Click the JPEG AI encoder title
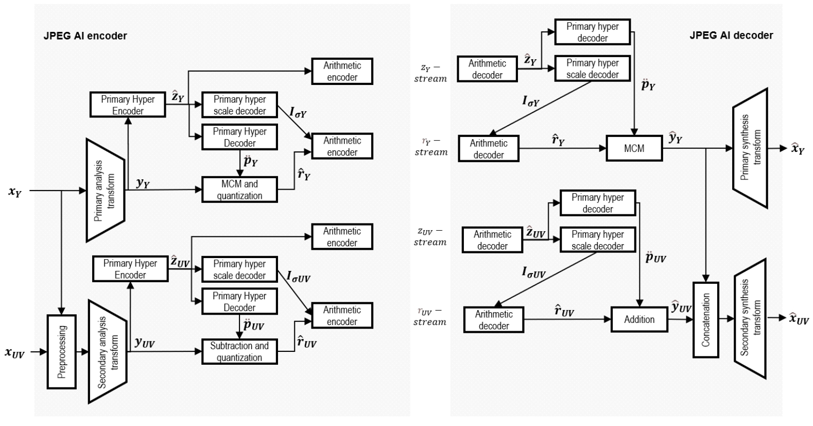(85, 36)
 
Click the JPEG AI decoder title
(731, 35)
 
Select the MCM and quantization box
(239, 190)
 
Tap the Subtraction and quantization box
(239, 352)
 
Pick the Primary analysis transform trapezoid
(106, 190)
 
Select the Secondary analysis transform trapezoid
(108, 352)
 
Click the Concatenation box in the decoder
(706, 319)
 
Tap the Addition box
(639, 319)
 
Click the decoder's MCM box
(634, 148)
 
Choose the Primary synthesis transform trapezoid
(750, 148)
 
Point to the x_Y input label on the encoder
(15, 192)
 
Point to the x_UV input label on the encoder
(14, 353)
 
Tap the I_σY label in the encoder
(298, 112)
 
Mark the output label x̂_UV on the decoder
(799, 319)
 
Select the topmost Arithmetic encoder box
(342, 72)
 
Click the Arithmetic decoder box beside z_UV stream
(492, 240)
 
